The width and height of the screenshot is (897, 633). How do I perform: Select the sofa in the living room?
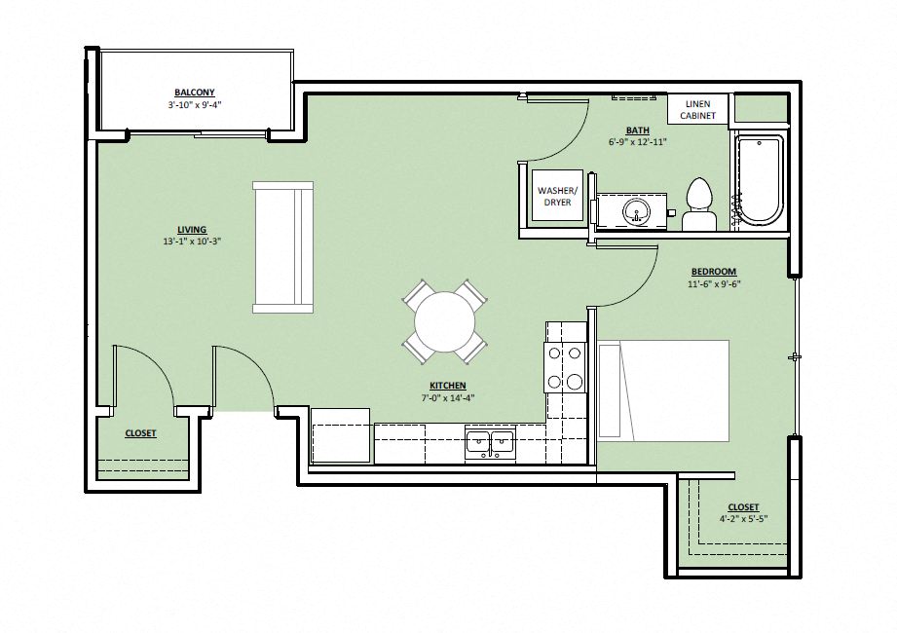(x=282, y=247)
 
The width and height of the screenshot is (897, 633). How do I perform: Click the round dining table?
(x=445, y=321)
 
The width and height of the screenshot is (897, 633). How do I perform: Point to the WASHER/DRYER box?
(x=557, y=196)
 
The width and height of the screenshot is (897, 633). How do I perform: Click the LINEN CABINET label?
(x=697, y=109)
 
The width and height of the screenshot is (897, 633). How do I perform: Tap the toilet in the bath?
(x=698, y=203)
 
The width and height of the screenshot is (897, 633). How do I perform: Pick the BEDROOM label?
(x=714, y=272)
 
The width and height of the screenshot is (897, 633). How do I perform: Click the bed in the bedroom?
(x=663, y=390)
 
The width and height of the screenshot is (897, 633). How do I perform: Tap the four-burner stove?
(x=565, y=368)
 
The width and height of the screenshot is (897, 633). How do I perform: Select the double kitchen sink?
(x=490, y=443)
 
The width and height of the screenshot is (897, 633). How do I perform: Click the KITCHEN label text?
(x=448, y=386)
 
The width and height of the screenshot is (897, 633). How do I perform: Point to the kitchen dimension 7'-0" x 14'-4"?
(x=448, y=397)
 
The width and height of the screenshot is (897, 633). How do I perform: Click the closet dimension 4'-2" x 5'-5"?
(x=743, y=519)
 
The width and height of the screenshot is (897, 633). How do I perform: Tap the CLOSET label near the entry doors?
(x=140, y=433)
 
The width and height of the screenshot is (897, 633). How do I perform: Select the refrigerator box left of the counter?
(x=340, y=436)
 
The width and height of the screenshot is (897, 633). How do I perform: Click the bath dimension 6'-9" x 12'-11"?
(x=638, y=142)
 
